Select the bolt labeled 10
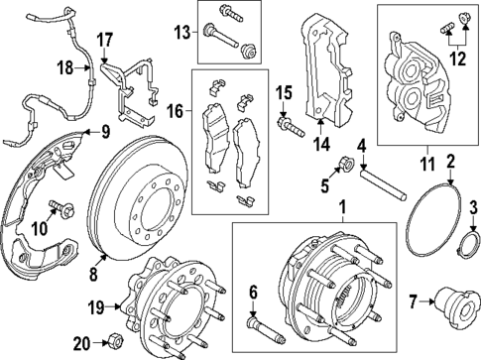pos(66,210)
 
